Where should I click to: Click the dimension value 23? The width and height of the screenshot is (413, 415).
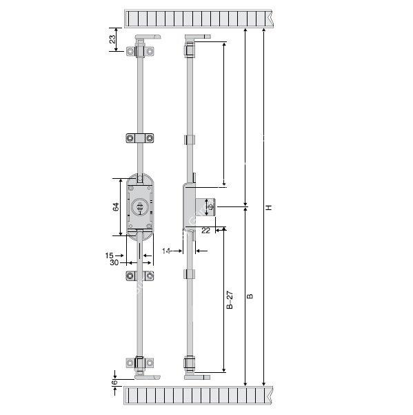coord(112,39)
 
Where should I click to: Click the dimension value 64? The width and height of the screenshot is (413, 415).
coord(116,207)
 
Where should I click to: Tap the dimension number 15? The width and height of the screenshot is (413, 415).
coord(109,255)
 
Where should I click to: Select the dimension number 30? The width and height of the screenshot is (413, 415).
coord(114,262)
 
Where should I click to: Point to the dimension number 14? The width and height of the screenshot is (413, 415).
coord(166,251)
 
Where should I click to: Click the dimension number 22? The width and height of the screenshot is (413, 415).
coord(205,231)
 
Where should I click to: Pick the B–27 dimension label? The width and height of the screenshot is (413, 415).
coord(230,300)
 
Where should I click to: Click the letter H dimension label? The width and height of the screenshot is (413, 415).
coord(269,207)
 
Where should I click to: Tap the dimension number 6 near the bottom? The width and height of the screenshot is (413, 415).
coord(114,383)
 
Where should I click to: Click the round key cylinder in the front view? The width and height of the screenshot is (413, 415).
coord(140,206)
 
